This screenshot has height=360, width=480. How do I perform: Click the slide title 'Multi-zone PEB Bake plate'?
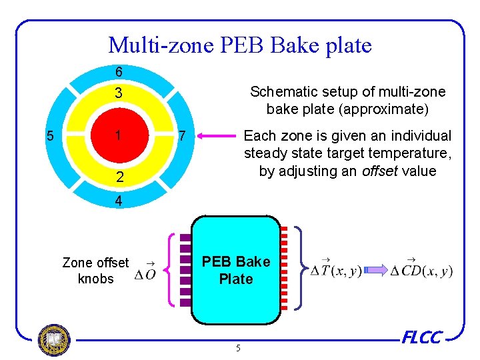[240, 45]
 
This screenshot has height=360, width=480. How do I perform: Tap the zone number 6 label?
[117, 71]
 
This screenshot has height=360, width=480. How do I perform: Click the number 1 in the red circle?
[117, 135]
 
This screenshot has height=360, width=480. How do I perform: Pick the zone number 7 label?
[181, 137]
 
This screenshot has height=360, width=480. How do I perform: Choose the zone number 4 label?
[117, 199]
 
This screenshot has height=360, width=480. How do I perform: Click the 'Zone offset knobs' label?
[95, 271]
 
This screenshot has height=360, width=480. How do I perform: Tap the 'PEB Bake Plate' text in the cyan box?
[236, 270]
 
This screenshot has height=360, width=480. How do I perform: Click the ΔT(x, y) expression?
[337, 269]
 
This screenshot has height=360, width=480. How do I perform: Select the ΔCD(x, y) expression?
[421, 269]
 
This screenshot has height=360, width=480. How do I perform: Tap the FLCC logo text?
[421, 337]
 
